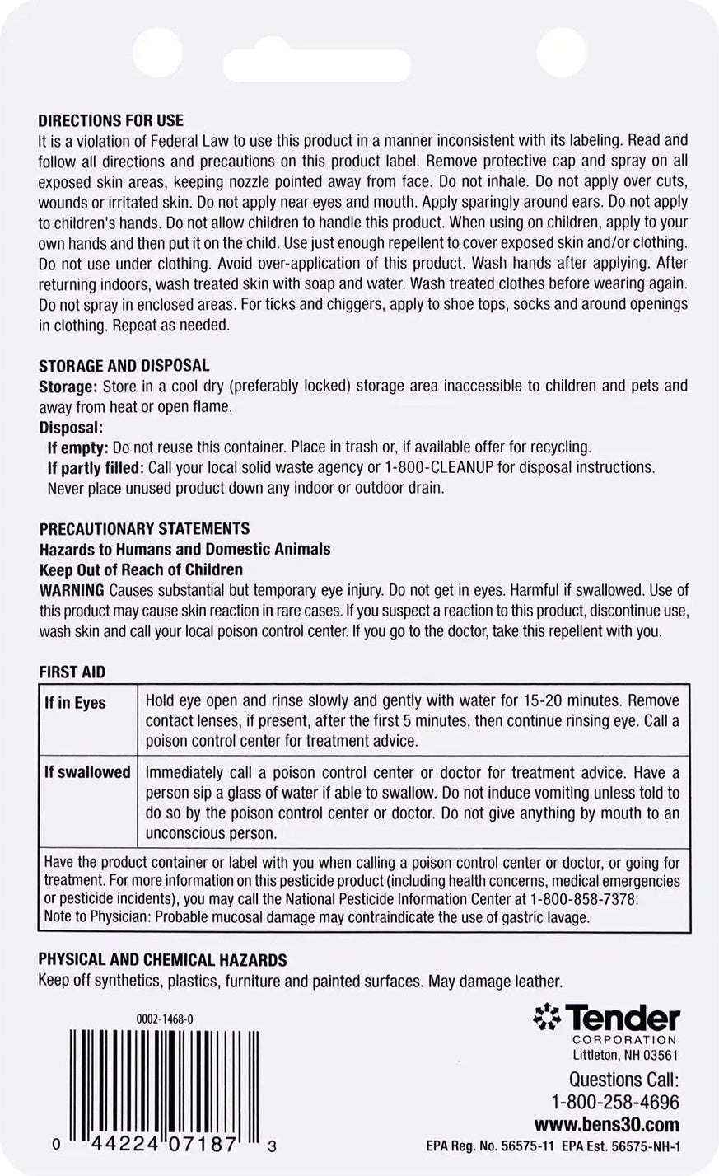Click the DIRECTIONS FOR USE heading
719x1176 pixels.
111,121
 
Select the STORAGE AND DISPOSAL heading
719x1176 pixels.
124,365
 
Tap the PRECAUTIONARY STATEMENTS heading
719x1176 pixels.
144,529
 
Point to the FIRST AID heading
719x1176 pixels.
72,672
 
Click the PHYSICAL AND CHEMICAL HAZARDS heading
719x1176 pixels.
163,960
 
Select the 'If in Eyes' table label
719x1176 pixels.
75,703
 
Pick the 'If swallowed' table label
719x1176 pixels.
87,773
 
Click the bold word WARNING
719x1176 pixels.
72,590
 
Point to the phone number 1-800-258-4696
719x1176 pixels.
615,1103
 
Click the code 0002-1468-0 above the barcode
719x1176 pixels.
165,1019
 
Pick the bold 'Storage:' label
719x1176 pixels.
68,386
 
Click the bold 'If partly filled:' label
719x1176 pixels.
96,467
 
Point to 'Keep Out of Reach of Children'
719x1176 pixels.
141,569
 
